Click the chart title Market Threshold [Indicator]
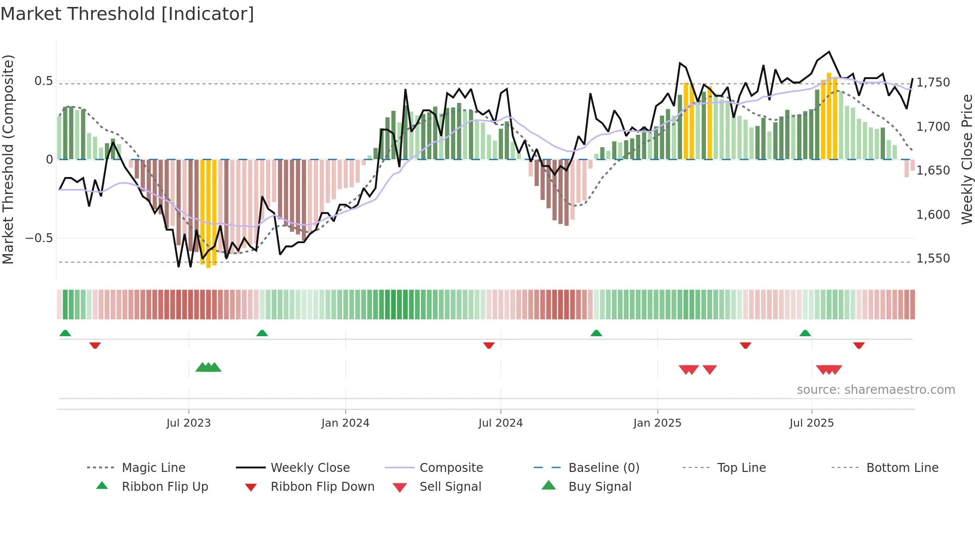(x=127, y=14)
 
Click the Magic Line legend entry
(x=153, y=468)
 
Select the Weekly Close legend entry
(x=310, y=468)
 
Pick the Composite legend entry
(x=451, y=468)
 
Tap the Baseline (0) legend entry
(x=603, y=468)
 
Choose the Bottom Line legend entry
(x=902, y=468)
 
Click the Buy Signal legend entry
(x=599, y=487)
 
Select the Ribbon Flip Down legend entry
(x=322, y=487)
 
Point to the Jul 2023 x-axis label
(x=189, y=423)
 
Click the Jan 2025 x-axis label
(x=657, y=423)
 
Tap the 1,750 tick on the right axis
(x=933, y=83)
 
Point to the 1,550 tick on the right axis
(x=933, y=259)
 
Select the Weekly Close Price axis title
(x=967, y=159)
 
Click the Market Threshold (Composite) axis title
(x=8, y=159)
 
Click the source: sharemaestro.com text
(x=876, y=390)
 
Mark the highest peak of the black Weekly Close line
(x=829, y=52)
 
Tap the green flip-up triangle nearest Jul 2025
(x=805, y=333)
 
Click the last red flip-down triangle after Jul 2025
(x=859, y=345)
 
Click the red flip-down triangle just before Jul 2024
(x=489, y=345)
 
